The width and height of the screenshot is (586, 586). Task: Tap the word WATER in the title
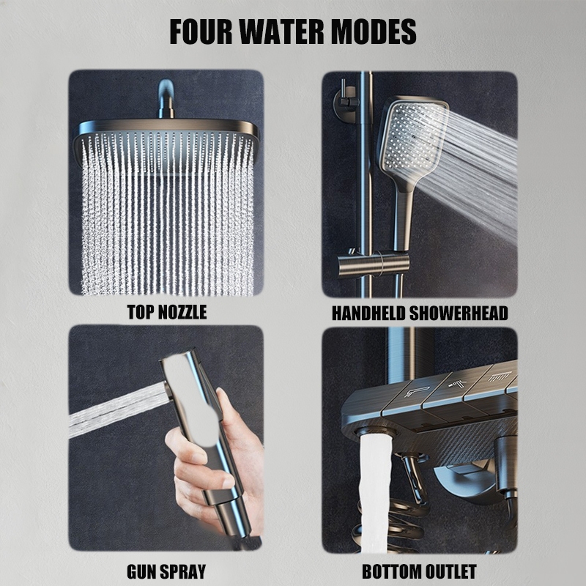click(x=283, y=31)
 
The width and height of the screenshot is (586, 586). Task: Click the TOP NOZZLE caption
click(x=167, y=312)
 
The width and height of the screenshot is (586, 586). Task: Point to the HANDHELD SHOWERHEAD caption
click(x=420, y=314)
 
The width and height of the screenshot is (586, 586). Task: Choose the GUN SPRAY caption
click(x=166, y=571)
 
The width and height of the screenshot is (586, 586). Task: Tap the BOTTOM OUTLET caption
click(x=419, y=571)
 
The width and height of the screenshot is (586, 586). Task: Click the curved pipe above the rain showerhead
click(x=166, y=98)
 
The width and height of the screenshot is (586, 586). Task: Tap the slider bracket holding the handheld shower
click(x=374, y=264)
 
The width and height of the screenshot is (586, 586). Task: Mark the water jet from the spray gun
click(x=119, y=410)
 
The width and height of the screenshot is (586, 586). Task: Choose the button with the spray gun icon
click(x=456, y=389)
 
